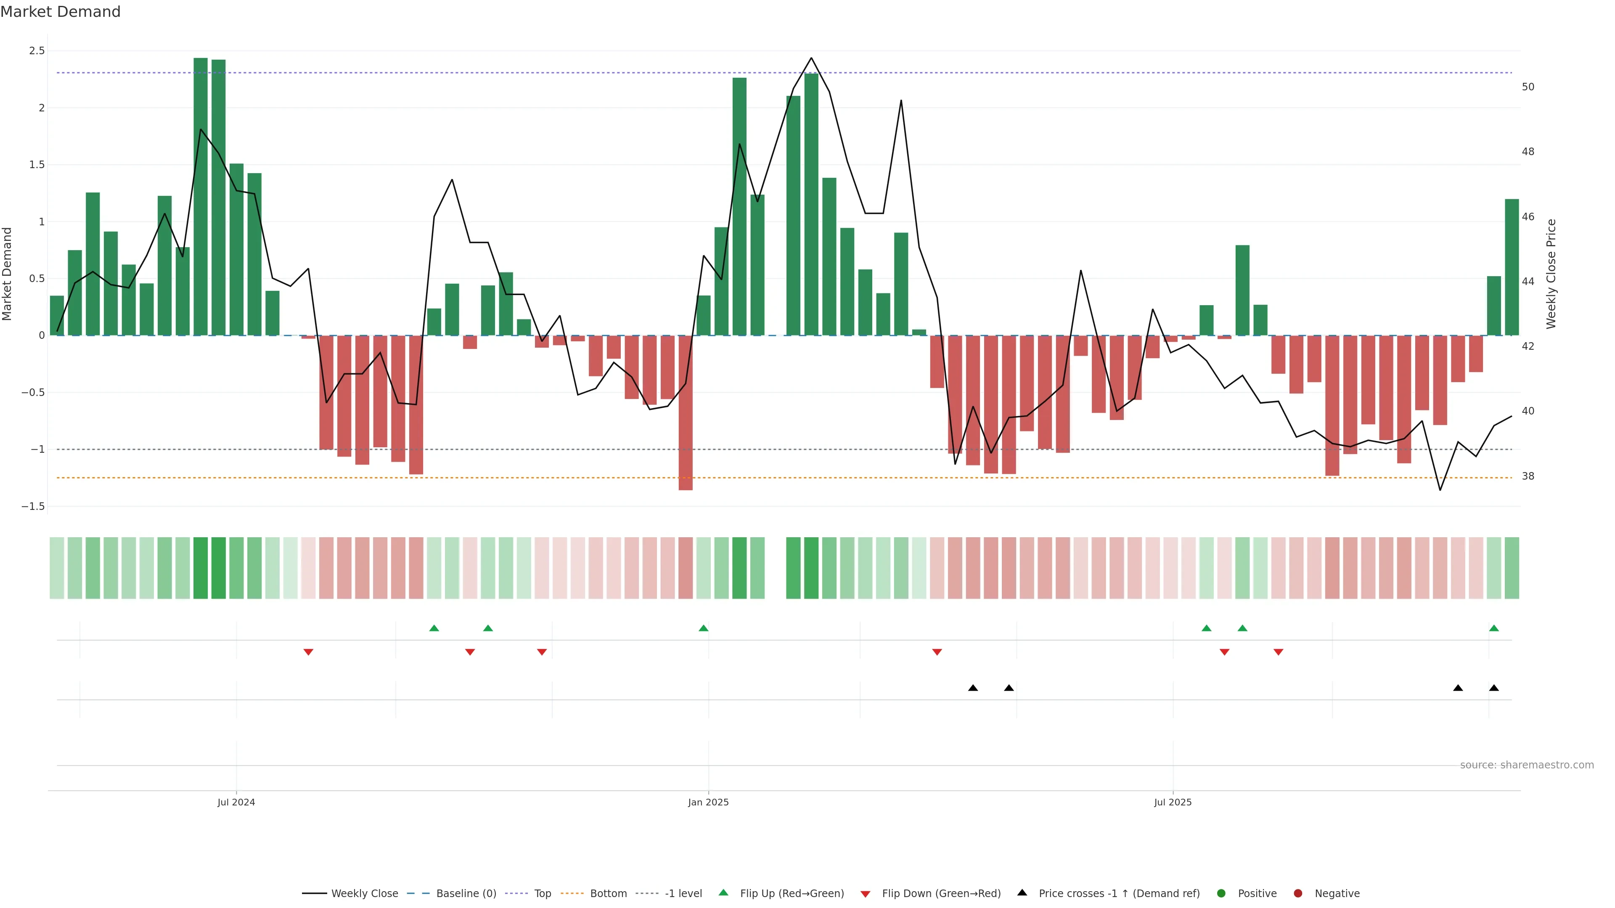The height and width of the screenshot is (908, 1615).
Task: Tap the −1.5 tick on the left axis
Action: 33,506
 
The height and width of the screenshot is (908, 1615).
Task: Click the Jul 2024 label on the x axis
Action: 236,802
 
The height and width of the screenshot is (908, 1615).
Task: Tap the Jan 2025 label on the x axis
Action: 708,802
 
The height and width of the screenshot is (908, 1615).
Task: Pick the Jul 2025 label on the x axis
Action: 1173,802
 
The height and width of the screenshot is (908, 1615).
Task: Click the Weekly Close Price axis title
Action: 1551,274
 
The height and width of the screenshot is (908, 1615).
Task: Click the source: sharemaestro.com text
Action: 1527,765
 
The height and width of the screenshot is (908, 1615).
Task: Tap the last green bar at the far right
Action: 1512,268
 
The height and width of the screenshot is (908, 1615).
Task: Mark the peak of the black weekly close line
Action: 811,58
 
